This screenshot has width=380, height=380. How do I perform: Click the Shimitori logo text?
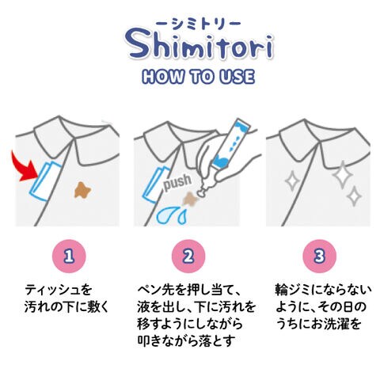click(x=199, y=45)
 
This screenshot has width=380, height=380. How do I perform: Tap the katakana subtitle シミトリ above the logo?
click(x=198, y=24)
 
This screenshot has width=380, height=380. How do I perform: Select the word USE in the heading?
click(x=237, y=77)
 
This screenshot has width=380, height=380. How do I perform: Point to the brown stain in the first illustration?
click(x=82, y=190)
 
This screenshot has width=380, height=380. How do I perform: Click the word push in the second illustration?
click(x=177, y=181)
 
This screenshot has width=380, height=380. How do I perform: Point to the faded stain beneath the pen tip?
click(x=191, y=199)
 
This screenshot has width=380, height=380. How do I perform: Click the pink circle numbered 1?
click(x=70, y=256)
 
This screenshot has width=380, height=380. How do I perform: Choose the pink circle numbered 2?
click(x=188, y=256)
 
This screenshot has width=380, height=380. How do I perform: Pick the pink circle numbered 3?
click(x=319, y=256)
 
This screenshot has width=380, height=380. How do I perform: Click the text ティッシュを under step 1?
click(x=58, y=290)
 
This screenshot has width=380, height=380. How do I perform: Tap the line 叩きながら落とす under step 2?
click(x=186, y=340)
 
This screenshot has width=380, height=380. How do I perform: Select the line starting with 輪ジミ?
click(x=323, y=290)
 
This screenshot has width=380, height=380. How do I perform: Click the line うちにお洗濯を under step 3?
click(x=318, y=324)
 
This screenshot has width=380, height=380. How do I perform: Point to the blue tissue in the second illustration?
click(x=156, y=184)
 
